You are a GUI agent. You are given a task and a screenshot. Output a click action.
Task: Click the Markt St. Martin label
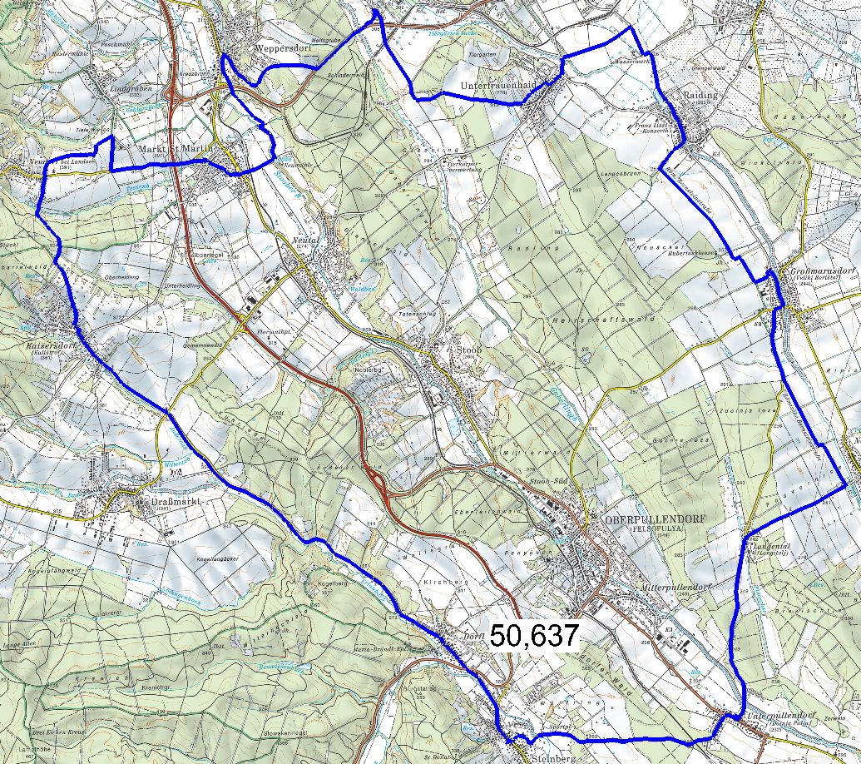coord(176,150)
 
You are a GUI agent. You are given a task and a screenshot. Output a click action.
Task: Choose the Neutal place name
coord(307,238)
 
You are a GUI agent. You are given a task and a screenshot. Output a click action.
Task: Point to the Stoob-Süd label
coord(548,484)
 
